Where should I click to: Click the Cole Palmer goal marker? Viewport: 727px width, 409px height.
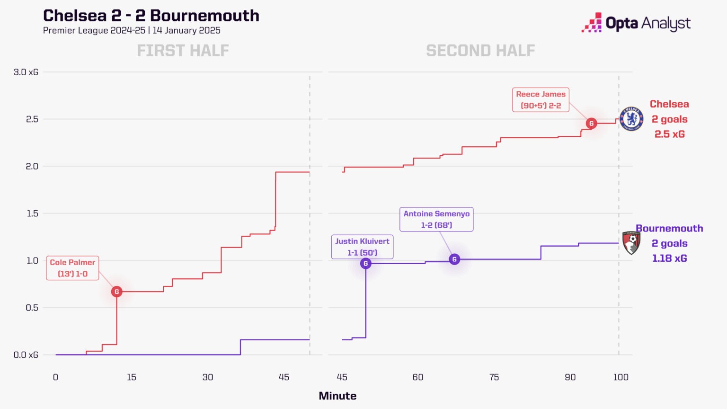click(116, 292)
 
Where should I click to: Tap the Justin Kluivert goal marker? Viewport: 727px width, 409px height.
click(365, 264)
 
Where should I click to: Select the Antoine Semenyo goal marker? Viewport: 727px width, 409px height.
click(454, 259)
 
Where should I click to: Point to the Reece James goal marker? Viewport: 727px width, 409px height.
click(591, 124)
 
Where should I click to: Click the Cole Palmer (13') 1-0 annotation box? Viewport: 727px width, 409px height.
click(72, 268)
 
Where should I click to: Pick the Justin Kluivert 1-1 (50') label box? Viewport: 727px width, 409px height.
click(362, 247)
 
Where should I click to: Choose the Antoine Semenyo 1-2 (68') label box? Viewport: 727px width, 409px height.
click(436, 219)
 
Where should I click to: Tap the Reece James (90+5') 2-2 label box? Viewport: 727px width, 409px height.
click(541, 100)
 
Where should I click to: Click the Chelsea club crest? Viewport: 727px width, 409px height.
click(631, 119)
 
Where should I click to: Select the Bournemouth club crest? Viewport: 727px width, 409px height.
click(631, 243)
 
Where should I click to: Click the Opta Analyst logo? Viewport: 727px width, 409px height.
click(636, 23)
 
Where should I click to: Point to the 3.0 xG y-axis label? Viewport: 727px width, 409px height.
click(26, 72)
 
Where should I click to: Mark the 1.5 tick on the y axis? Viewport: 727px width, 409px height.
click(32, 213)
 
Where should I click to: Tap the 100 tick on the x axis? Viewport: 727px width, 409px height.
click(621, 377)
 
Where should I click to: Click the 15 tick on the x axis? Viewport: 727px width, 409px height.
click(132, 377)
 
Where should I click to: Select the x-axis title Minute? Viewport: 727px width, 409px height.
click(337, 396)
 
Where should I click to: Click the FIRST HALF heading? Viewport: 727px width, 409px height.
click(183, 51)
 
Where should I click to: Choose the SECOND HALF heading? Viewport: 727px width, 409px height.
click(480, 51)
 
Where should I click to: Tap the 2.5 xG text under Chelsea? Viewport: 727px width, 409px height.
click(669, 134)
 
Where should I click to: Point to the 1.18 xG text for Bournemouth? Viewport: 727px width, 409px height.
click(669, 258)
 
